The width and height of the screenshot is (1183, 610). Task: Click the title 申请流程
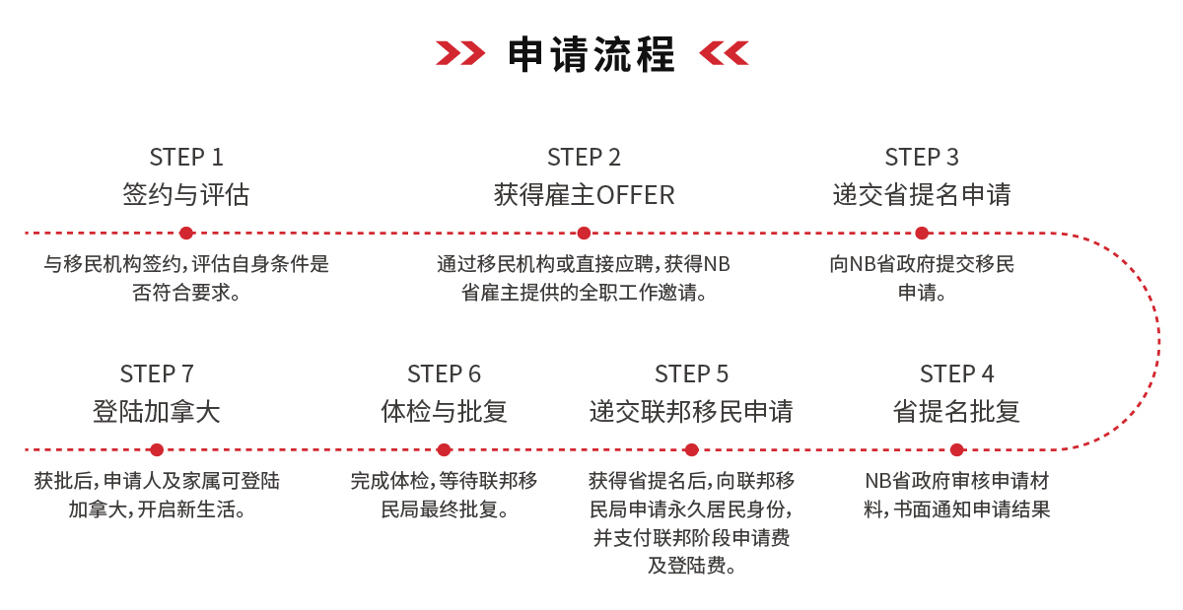pos(591,54)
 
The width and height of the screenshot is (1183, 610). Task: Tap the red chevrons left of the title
pos(459,53)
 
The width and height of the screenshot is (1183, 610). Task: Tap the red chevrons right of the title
pos(724,53)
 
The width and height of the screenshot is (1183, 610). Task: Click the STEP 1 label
pos(186,157)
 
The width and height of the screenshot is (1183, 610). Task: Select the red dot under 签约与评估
pos(186,234)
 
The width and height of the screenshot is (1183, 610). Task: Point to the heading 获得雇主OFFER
pos(584,195)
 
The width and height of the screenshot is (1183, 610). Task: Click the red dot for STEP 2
pos(584,234)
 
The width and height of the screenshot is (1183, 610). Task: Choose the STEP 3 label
pos(922,157)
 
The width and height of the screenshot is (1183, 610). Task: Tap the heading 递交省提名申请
pos(922,195)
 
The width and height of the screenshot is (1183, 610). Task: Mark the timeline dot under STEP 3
pos(922,234)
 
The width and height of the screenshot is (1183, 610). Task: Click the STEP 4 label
pos(956,373)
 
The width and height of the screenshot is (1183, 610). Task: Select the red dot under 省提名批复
pos(956,449)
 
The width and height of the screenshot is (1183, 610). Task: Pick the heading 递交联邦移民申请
pos(691,411)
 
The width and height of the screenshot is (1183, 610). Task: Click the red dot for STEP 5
pos(691,449)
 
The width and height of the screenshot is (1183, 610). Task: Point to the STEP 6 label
pos(444,373)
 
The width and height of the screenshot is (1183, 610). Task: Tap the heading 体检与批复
pos(444,411)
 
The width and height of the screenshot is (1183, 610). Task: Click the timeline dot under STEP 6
pos(444,449)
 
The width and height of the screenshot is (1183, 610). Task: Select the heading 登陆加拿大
pos(157,411)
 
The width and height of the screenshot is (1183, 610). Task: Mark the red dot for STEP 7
pos(157,449)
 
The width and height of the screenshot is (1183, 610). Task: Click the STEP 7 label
pos(157,373)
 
